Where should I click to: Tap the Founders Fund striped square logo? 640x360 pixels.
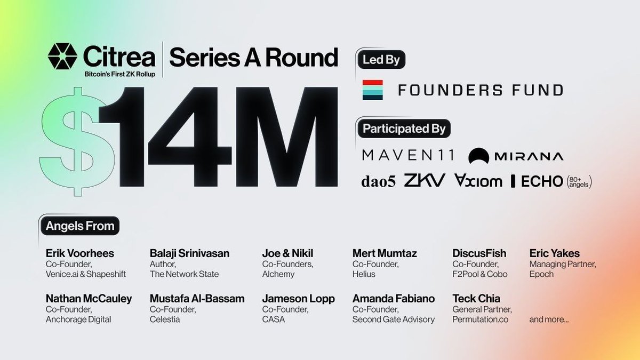tap(372, 90)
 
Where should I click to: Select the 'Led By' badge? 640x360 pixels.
tap(381, 60)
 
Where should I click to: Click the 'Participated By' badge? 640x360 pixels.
tap(404, 129)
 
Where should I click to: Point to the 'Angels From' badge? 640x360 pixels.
tap(80, 226)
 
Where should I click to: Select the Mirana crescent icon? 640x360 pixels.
tap(479, 156)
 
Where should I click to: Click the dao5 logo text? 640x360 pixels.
tap(378, 182)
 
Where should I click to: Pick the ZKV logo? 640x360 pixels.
tap(425, 181)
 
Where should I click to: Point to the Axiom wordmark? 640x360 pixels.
tap(478, 181)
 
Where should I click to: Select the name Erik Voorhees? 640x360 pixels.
tap(79, 253)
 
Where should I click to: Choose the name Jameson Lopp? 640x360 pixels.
tap(298, 299)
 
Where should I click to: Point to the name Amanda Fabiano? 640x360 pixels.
tap(394, 299)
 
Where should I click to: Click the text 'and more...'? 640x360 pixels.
tap(549, 319)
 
